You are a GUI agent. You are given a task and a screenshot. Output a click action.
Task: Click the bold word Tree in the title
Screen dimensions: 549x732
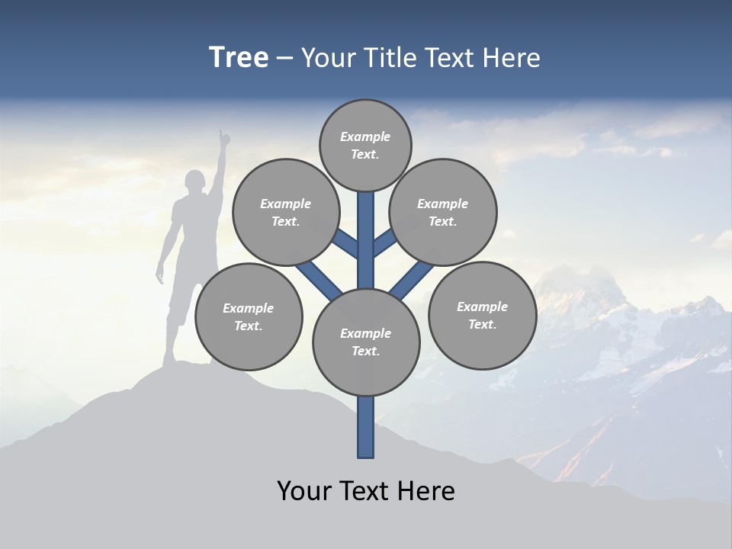239,58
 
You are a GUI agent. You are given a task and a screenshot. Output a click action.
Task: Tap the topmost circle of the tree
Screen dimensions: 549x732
365,145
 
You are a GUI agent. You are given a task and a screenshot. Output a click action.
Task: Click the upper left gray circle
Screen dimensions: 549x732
285,212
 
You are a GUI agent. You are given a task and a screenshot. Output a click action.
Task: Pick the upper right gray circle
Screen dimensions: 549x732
443,212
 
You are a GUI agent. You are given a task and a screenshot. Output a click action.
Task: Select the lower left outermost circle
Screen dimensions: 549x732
249,316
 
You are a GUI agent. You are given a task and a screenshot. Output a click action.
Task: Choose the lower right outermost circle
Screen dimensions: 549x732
482,315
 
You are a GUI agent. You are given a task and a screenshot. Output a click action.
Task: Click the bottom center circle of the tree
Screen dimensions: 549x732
366,342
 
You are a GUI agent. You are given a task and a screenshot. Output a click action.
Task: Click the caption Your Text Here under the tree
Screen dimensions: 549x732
366,491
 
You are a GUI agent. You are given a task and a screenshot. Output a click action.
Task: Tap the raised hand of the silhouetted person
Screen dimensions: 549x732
223,137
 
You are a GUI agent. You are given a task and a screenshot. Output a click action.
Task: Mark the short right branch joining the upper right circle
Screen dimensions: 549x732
384,242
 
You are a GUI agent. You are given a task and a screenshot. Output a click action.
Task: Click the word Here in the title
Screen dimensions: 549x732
512,58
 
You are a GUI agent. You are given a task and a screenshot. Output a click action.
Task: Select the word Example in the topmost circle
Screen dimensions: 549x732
365,136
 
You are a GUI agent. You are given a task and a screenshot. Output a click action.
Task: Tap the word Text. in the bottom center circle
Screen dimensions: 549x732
365,351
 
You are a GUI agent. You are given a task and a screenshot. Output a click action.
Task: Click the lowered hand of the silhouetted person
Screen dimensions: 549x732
160,277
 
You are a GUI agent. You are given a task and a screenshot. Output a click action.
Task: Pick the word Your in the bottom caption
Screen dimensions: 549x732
304,491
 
